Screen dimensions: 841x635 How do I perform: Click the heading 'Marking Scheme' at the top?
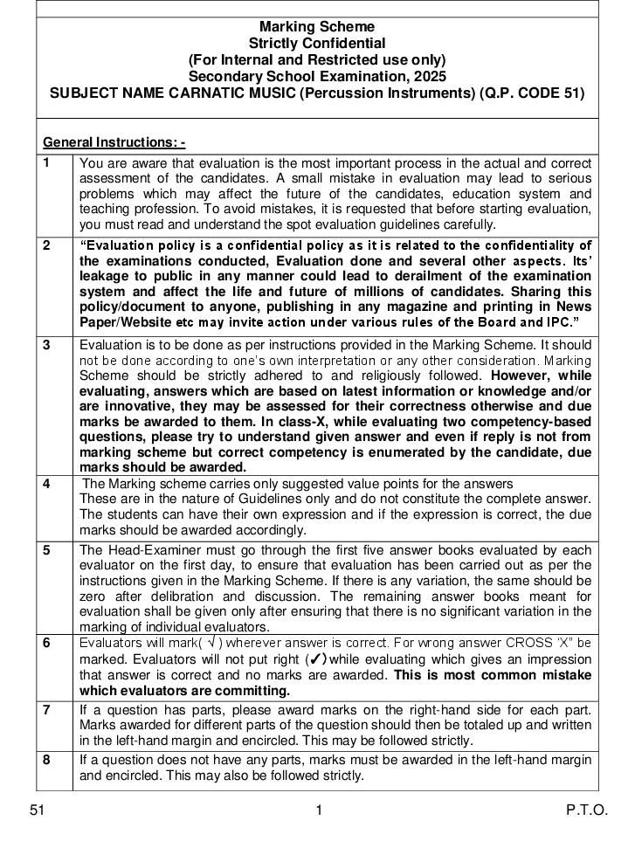pos(317,27)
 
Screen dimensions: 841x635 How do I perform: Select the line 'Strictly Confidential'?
pos(317,44)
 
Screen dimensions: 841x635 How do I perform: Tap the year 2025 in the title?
pos(429,77)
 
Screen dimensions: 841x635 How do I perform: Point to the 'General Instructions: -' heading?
pos(114,142)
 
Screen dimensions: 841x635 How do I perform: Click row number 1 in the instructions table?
pos(46,162)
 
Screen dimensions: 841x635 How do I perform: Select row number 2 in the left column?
pos(46,245)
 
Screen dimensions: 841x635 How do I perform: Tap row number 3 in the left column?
pos(46,345)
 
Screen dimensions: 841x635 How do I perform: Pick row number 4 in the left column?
pos(46,483)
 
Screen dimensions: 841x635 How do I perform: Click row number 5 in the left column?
pos(46,549)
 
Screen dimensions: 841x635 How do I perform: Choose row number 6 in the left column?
pos(46,643)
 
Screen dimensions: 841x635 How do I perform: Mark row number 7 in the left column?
pos(46,709)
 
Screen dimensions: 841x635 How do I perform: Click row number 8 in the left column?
pos(46,759)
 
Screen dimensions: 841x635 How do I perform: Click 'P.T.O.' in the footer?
pos(587,810)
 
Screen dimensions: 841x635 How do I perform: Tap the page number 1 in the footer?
pos(319,810)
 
